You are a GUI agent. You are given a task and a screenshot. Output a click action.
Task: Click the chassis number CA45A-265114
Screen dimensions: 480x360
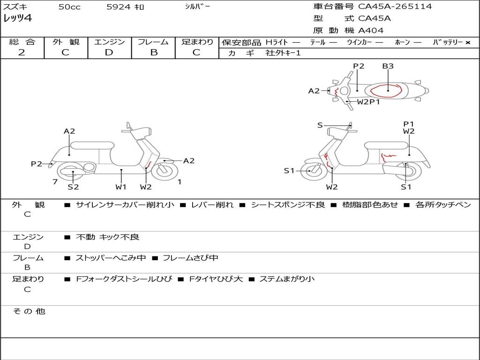point(395,7)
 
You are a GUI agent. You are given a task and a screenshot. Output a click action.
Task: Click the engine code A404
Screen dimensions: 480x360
point(371,30)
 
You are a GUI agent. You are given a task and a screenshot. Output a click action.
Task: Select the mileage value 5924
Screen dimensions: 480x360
point(118,7)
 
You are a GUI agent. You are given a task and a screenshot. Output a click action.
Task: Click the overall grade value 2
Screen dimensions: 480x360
point(22,52)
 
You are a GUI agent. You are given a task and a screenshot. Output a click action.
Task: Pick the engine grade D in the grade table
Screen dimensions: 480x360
point(109,52)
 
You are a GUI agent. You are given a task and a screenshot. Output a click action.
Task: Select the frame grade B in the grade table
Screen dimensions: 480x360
point(153,52)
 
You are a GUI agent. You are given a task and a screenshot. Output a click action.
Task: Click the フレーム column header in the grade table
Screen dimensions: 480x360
point(153,42)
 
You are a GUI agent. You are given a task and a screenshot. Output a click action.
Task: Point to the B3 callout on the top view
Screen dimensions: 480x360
point(388,66)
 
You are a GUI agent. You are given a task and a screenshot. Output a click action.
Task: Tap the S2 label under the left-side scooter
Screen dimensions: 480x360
point(73,187)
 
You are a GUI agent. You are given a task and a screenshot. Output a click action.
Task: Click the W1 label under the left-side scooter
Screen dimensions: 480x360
point(121,187)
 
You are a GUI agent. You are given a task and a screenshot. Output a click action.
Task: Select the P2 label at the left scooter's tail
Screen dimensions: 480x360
point(37,164)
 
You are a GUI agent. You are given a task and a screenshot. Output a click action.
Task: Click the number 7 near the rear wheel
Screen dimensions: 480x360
point(55,182)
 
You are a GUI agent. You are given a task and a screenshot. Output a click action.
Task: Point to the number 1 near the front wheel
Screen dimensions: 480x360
point(179,182)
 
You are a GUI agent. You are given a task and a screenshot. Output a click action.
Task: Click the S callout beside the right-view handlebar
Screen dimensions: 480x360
point(320,125)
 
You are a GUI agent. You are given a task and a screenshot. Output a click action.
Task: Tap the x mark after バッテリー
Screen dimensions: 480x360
point(467,43)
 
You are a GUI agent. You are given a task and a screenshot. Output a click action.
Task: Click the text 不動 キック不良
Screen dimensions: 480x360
point(108,237)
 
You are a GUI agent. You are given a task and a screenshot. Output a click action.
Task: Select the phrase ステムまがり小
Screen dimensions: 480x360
point(287,279)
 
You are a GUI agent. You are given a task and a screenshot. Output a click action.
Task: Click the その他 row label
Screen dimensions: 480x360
point(29,311)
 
